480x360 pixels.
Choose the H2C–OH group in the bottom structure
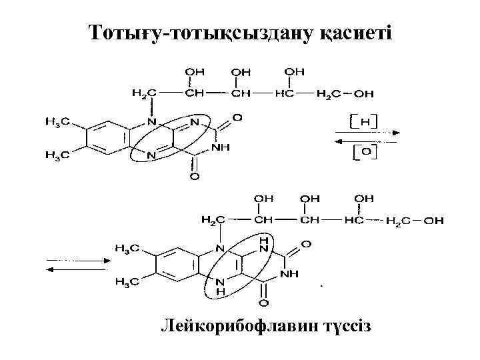tap(415, 221)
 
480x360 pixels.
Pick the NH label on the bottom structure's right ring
tap(289, 273)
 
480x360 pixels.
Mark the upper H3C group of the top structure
tap(55, 122)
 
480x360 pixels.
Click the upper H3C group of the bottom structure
tap(127, 249)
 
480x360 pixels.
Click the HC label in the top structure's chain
tap(285, 93)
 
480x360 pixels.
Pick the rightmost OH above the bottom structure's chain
tap(364, 198)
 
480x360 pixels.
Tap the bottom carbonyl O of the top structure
tap(194, 178)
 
